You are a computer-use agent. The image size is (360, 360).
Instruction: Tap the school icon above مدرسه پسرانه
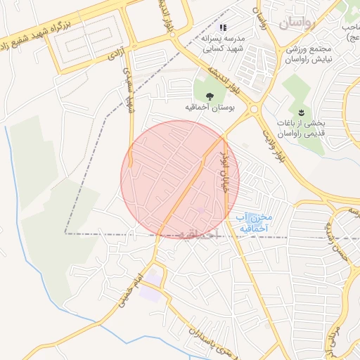pos(224,28)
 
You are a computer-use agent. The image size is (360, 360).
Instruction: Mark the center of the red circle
pos(180,179)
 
